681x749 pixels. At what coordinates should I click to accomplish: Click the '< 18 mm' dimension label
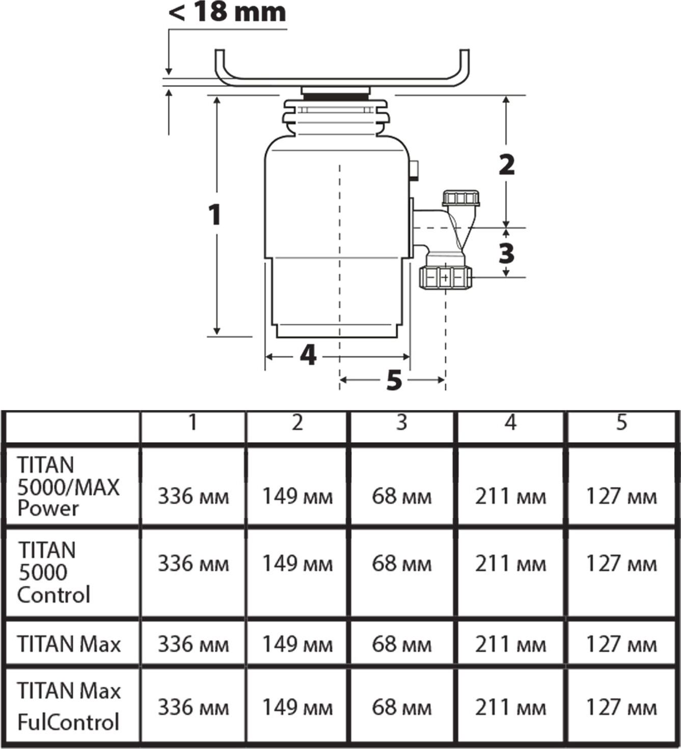click(227, 13)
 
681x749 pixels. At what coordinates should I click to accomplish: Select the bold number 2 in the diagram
click(506, 165)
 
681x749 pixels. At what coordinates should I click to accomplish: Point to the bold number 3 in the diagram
click(506, 253)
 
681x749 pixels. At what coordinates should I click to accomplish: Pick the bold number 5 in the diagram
click(394, 380)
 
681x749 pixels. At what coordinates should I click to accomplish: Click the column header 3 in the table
click(401, 422)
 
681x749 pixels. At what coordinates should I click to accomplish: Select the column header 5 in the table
click(621, 422)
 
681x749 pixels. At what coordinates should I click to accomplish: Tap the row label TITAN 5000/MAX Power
click(68, 486)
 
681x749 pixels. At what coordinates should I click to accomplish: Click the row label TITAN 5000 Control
click(53, 573)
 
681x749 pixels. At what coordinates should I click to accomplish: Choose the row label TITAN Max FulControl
click(69, 706)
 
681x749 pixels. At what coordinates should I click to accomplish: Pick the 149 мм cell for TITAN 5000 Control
click(297, 563)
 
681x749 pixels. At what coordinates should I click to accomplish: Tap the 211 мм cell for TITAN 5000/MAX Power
click(510, 497)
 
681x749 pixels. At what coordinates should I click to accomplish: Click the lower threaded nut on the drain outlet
click(446, 278)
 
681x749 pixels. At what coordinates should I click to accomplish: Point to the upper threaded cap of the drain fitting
click(461, 198)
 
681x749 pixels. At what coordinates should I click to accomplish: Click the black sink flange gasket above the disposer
click(336, 97)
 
